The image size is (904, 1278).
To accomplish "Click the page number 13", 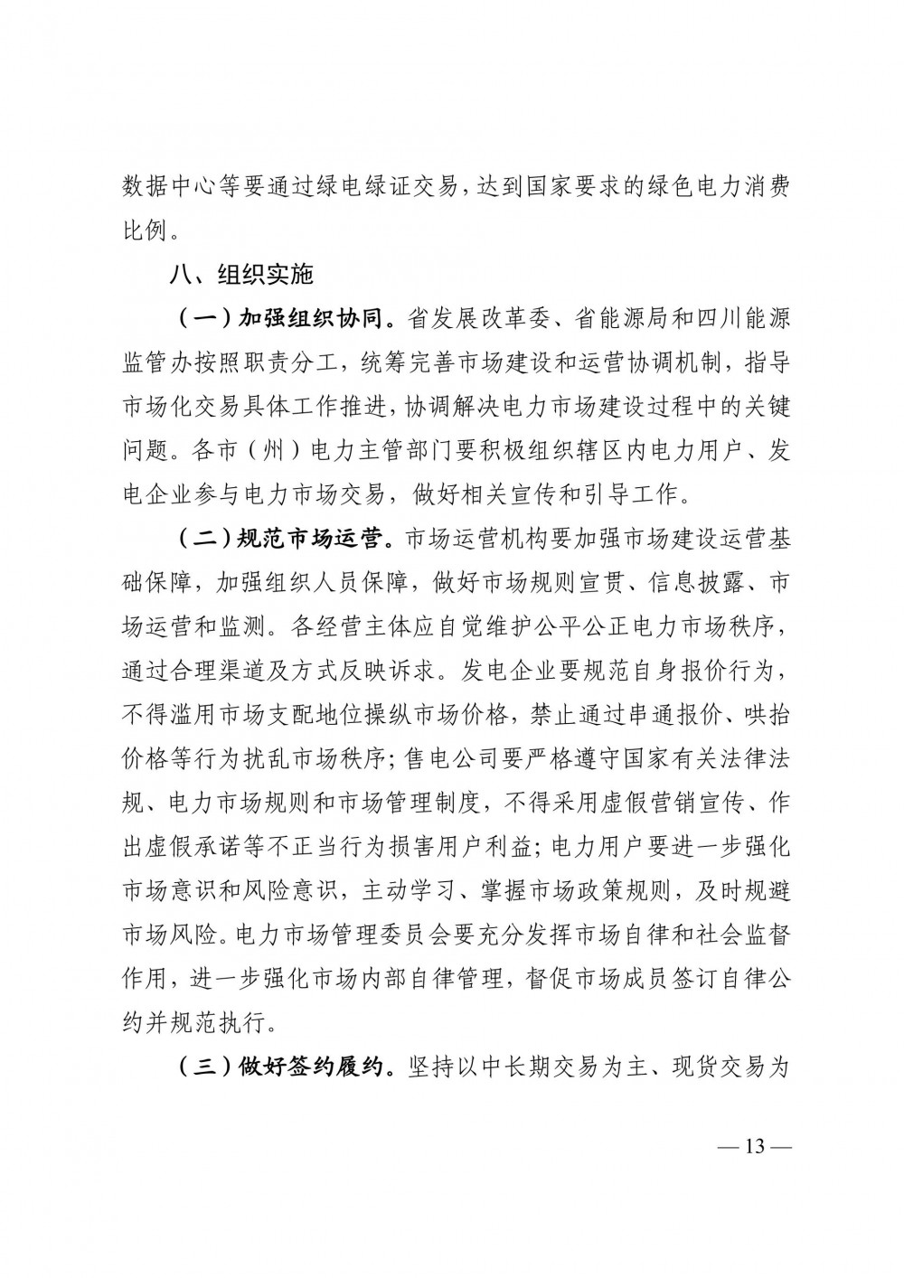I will coord(754,1147).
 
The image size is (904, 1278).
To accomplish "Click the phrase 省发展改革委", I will coord(469,319).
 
